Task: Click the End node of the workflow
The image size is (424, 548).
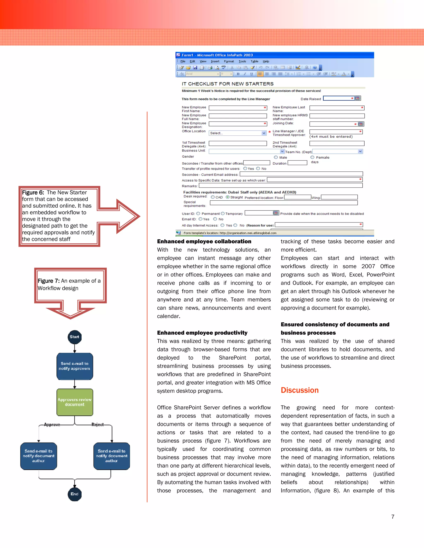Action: point(75,494)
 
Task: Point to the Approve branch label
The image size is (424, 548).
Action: point(52,425)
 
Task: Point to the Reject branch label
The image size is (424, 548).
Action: point(98,425)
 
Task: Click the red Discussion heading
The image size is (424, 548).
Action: point(299,390)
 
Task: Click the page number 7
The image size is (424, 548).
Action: point(393,517)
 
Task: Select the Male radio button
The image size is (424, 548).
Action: point(276,157)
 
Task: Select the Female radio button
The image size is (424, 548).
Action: point(312,157)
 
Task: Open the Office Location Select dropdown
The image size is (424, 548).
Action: point(264,133)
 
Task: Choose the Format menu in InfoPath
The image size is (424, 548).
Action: point(229,61)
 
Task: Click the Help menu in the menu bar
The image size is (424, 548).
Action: point(266,61)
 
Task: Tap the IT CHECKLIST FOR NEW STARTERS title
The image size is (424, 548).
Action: point(228,84)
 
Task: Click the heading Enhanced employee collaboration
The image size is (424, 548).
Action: point(204,241)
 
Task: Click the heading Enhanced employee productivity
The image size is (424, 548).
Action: point(202,333)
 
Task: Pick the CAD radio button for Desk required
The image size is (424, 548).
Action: point(213,197)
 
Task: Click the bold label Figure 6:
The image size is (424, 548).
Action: point(33,193)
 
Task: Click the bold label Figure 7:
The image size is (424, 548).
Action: point(48,281)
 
